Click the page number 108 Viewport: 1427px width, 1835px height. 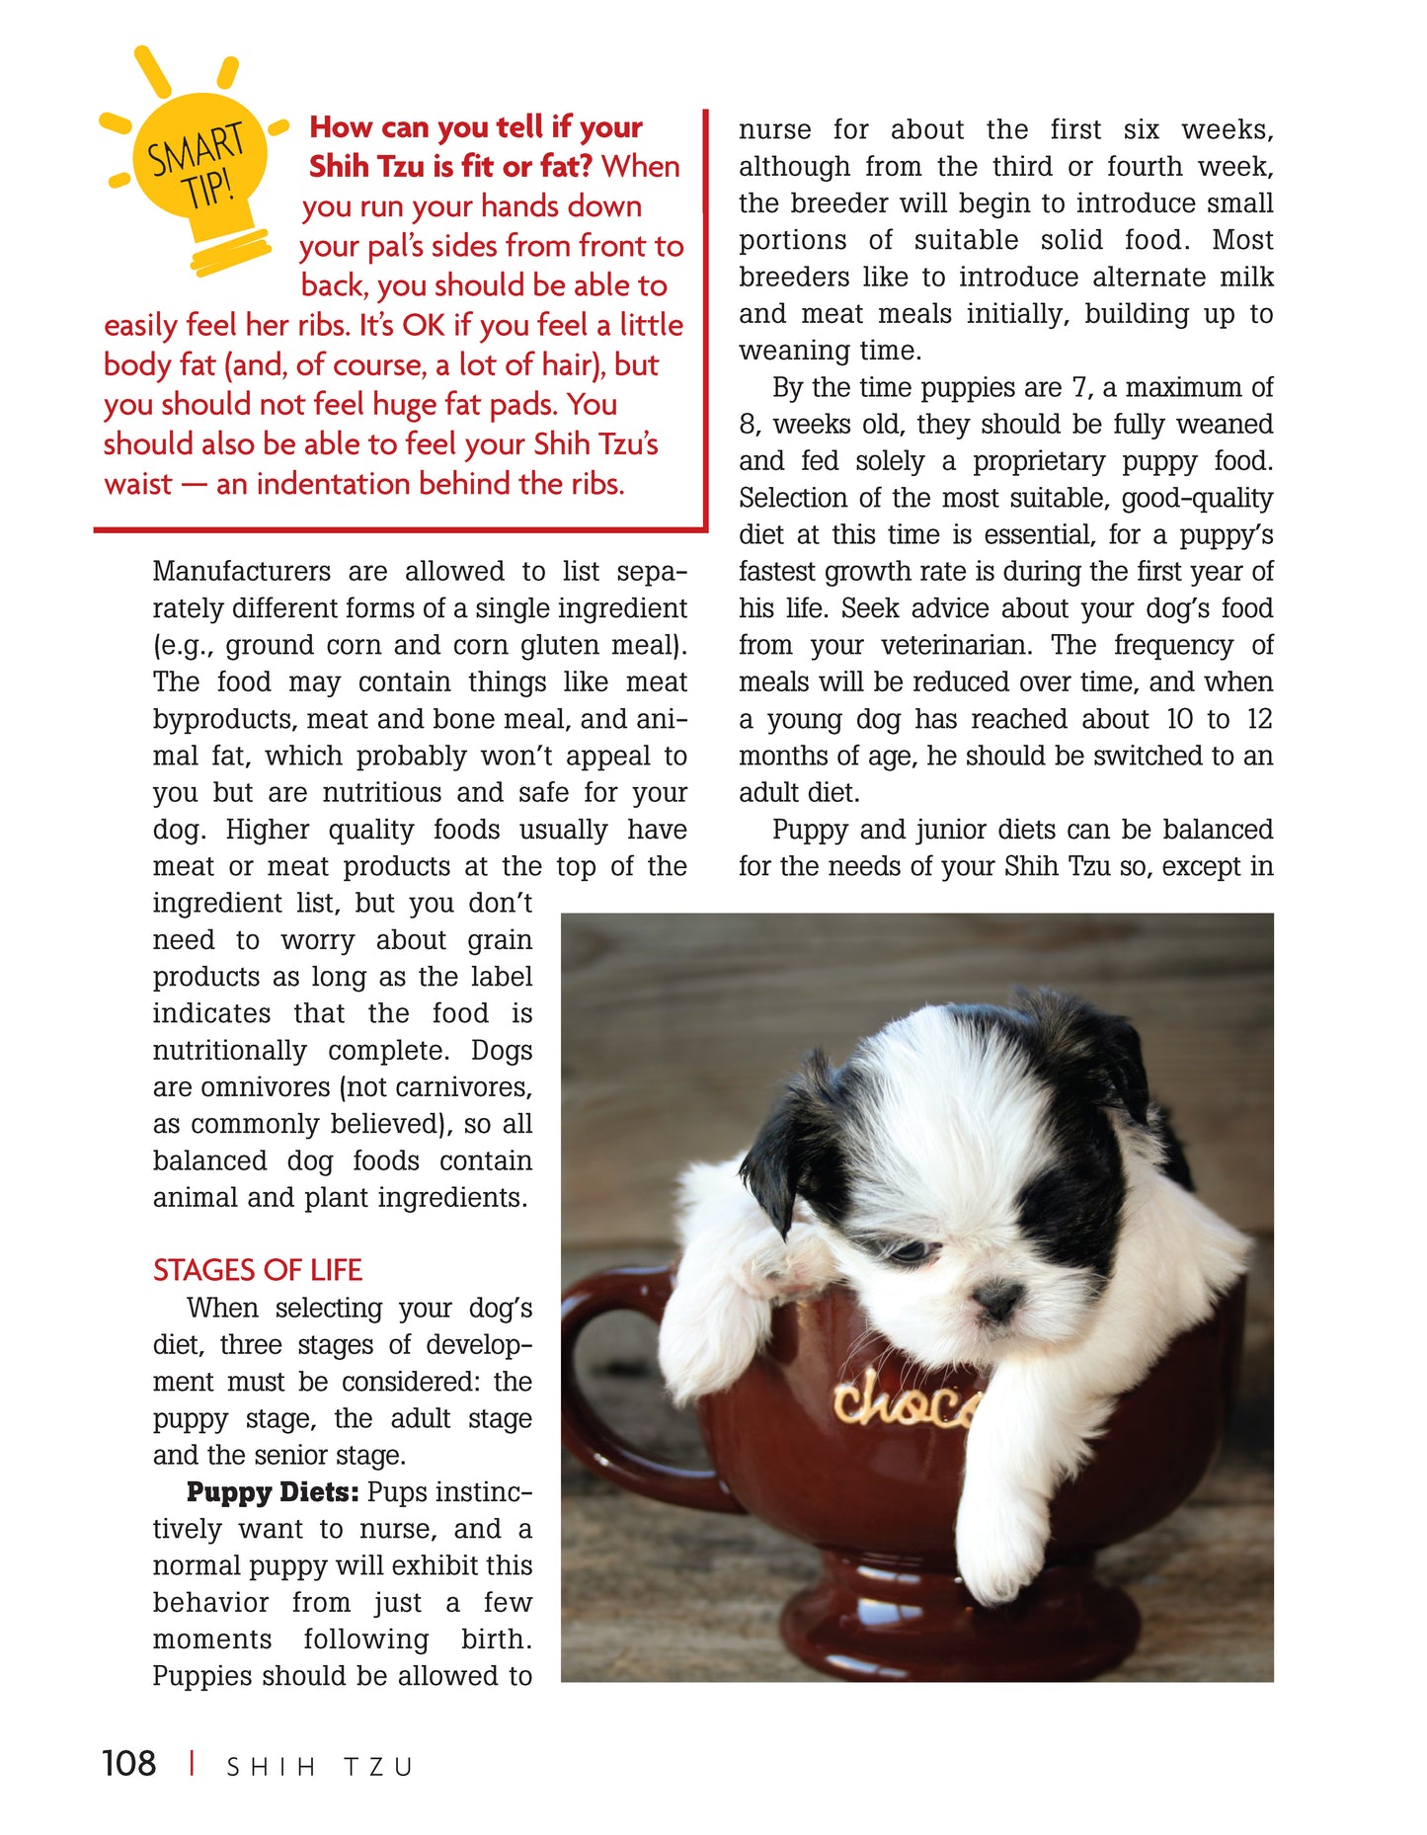[x=128, y=1763]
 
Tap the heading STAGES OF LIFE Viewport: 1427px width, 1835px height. [x=257, y=1269]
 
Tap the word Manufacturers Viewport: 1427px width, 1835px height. [x=242, y=571]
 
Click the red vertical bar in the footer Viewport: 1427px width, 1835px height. [x=192, y=1763]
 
